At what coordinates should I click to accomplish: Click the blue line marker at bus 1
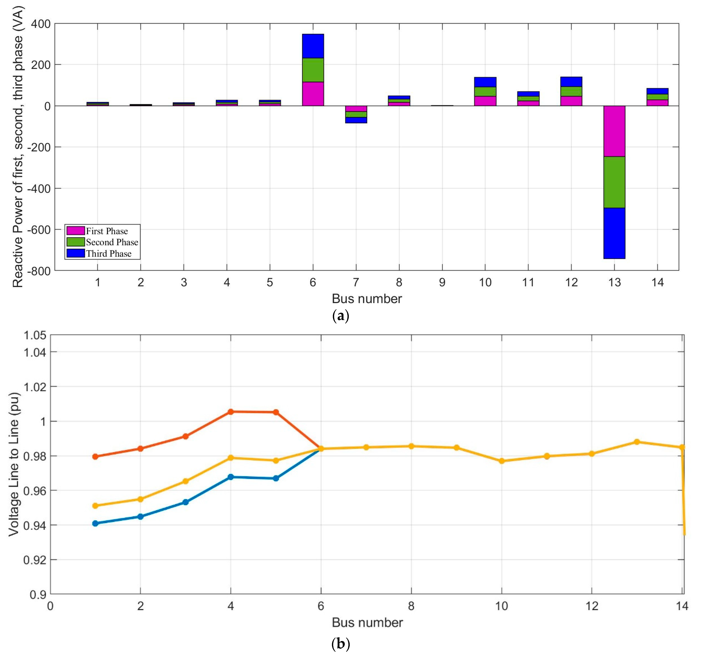coord(95,523)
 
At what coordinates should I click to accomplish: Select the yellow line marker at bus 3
coord(185,481)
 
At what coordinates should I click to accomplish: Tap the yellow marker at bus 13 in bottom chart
coord(637,442)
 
